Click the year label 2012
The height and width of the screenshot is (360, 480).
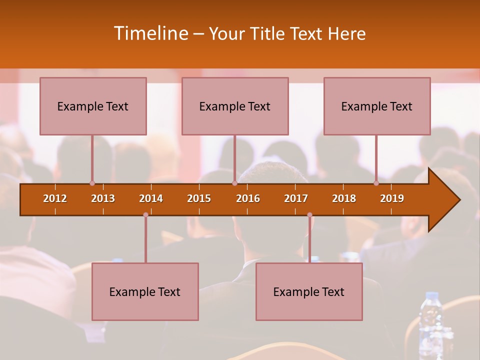(55, 198)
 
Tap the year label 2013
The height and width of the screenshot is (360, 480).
(103, 198)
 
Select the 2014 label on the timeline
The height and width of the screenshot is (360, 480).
(151, 198)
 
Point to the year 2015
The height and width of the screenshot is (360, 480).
(199, 198)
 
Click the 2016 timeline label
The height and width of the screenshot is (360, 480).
(248, 198)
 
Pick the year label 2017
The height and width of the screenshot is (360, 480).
(296, 198)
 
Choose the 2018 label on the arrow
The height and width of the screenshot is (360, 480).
(344, 198)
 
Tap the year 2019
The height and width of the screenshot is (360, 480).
(392, 198)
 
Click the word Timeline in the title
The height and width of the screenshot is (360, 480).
(150, 33)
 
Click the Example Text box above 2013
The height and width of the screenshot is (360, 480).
(93, 106)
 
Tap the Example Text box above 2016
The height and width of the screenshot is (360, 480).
(235, 106)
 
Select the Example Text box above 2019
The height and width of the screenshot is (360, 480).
(377, 106)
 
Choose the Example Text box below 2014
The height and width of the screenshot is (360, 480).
(145, 291)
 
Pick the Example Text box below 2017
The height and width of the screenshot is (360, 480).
(309, 291)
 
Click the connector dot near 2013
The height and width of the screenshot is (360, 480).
(92, 183)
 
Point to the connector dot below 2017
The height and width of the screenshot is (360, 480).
(309, 214)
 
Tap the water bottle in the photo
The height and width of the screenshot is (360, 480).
(430, 320)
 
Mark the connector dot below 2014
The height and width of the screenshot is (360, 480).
(145, 214)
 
